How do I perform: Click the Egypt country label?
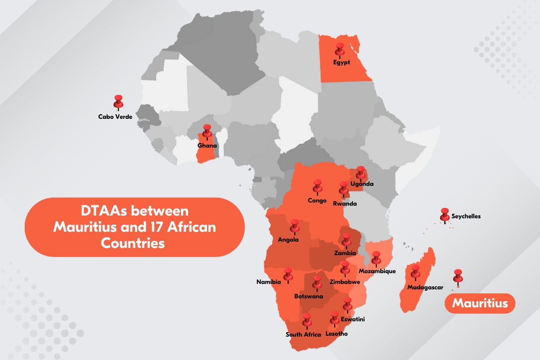[342, 63]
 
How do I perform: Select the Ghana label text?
[207, 145]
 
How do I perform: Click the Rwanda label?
[345, 203]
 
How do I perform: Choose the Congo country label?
[317, 200]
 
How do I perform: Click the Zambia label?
[345, 253]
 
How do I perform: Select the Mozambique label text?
[377, 271]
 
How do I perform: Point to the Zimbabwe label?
[345, 282]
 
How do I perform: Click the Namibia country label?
[269, 282]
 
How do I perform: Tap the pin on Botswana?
[317, 282]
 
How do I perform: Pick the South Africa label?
[303, 334]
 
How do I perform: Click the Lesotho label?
[336, 334]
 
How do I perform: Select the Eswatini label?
[353, 319]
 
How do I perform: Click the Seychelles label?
[466, 216]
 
